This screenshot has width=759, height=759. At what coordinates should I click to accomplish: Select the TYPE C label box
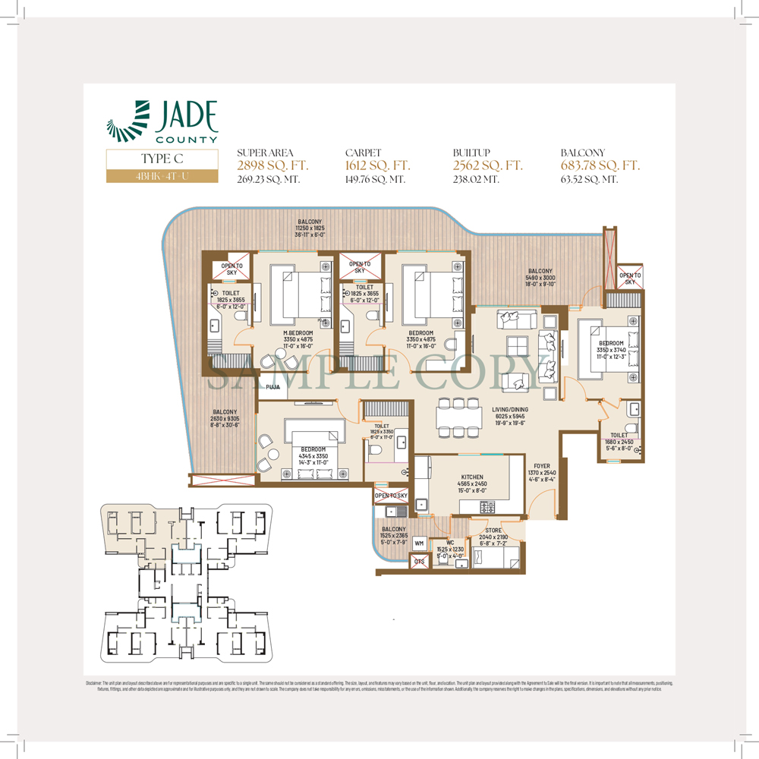click(161, 159)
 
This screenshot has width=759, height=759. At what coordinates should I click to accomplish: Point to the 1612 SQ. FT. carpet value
click(377, 165)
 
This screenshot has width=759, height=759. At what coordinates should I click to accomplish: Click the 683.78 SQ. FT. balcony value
click(600, 165)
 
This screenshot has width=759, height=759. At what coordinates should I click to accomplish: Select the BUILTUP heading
click(471, 153)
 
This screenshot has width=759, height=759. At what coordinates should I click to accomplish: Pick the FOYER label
click(540, 468)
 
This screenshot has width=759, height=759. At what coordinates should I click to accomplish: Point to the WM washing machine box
click(419, 543)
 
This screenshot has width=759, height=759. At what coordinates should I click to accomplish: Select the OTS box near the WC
click(419, 562)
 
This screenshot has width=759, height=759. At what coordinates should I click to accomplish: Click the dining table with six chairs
click(458, 417)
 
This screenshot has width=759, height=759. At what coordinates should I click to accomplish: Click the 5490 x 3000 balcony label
click(541, 278)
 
